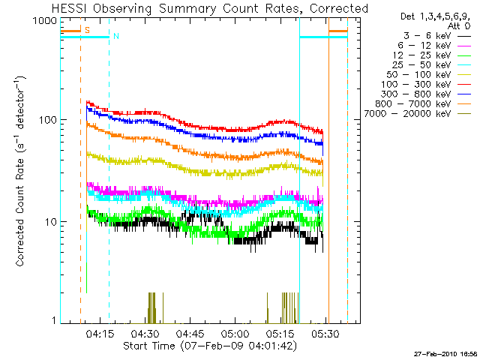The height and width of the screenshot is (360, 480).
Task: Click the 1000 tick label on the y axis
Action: click(46, 21)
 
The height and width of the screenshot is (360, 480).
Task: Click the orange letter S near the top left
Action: click(87, 30)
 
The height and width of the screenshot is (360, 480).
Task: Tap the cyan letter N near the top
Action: click(115, 36)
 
